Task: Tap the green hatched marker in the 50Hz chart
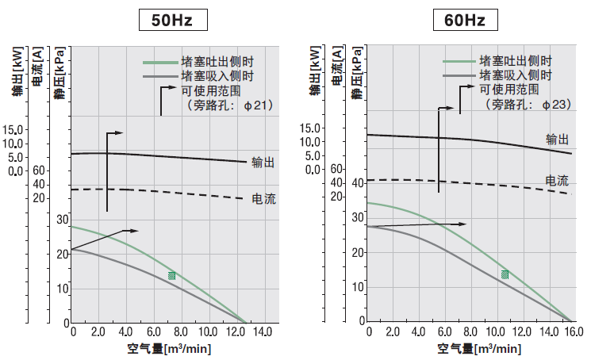tap(171, 276)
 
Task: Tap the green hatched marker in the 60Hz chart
tap(505, 274)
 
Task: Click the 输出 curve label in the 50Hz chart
tap(263, 163)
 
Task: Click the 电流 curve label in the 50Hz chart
tap(263, 198)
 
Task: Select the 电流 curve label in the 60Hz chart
tap(556, 180)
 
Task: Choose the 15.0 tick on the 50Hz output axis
tap(14, 130)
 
